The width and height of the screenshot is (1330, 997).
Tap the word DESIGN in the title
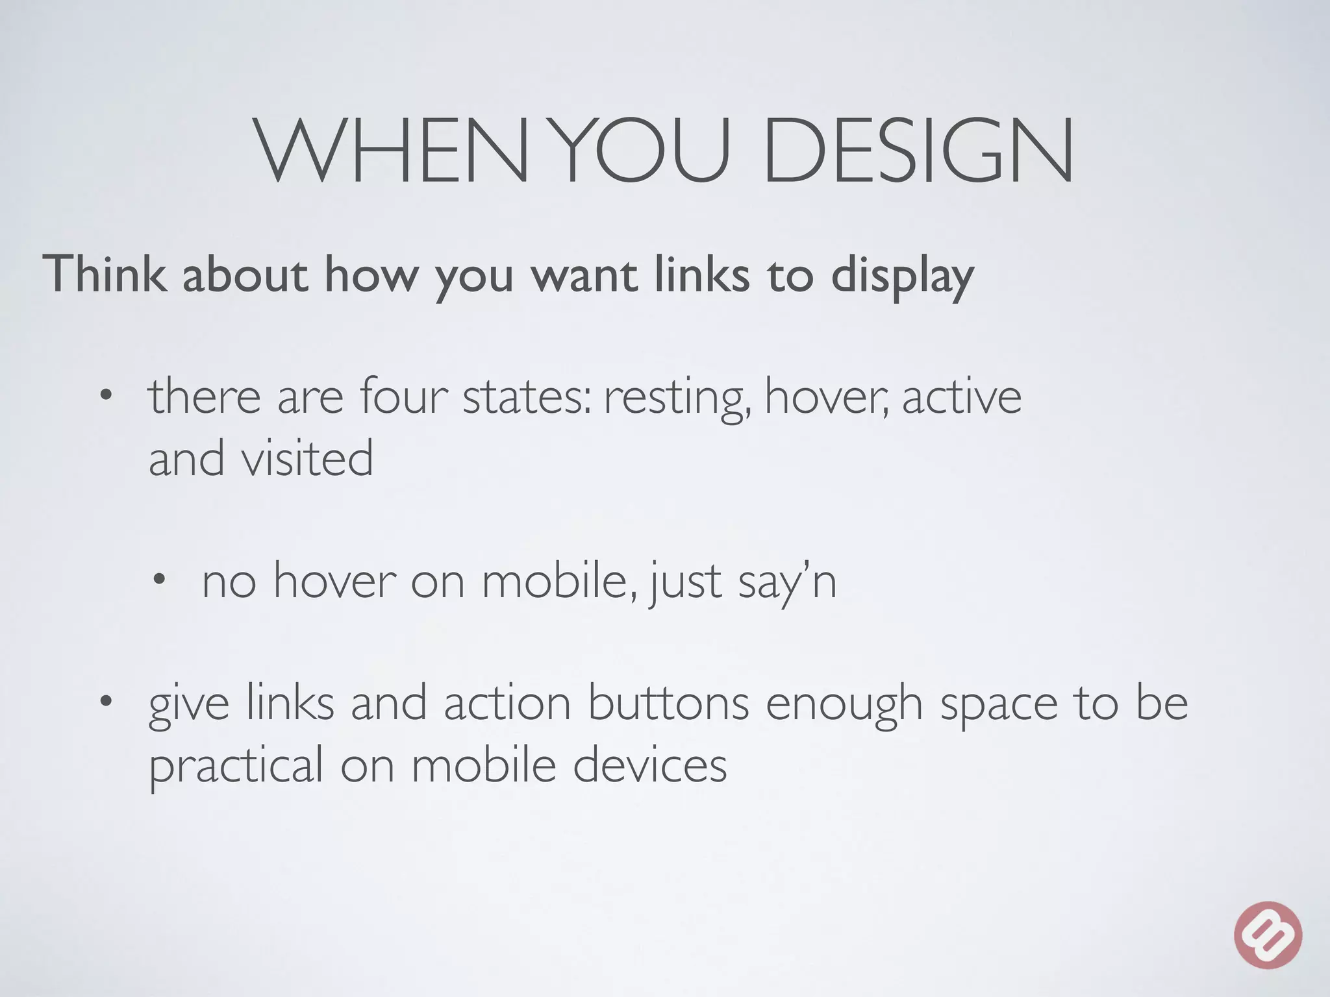click(x=917, y=151)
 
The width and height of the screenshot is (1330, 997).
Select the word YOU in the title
click(x=645, y=151)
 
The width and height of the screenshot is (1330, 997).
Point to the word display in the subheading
click(x=903, y=276)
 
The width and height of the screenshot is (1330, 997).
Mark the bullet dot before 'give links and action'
click(x=106, y=701)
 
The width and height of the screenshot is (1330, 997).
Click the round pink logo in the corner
click(x=1268, y=935)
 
